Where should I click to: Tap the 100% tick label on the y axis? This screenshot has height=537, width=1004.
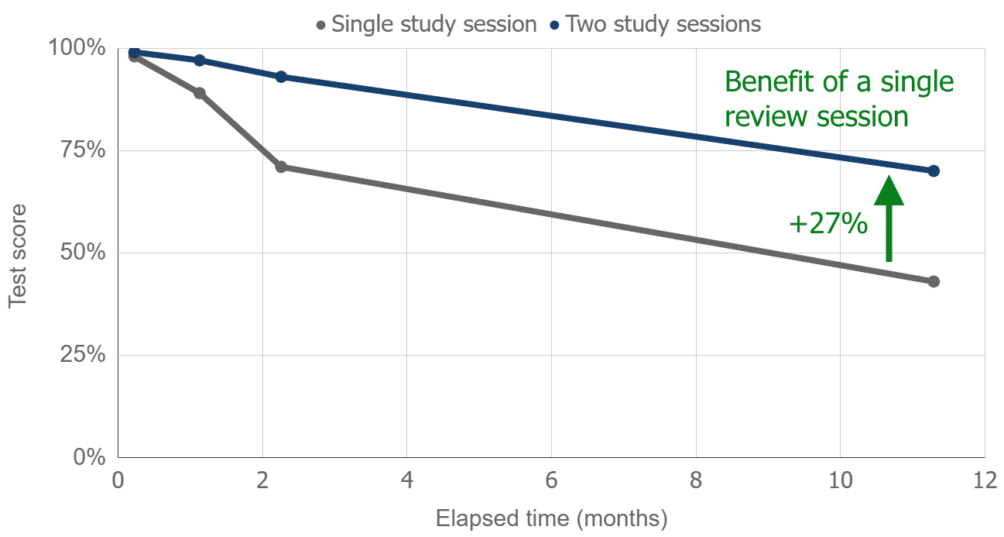click(77, 48)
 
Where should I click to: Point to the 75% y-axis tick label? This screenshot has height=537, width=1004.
click(82, 150)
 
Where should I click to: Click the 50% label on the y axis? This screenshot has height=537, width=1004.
click(82, 253)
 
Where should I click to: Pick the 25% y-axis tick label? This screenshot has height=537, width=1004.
click(82, 355)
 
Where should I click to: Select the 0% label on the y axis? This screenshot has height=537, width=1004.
click(88, 457)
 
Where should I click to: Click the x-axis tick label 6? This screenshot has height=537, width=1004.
click(551, 481)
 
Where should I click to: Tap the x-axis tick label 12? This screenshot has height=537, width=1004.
click(984, 481)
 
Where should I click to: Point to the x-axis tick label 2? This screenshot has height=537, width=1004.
click(262, 481)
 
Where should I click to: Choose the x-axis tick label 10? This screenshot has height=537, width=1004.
click(840, 481)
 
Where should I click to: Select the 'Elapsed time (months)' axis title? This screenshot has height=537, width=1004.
click(551, 518)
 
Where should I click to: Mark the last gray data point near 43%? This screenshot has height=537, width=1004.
click(934, 281)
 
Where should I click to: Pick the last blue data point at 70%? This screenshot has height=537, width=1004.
click(934, 170)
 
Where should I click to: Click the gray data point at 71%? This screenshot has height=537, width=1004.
click(281, 167)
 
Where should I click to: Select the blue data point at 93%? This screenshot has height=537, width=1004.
click(281, 77)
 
